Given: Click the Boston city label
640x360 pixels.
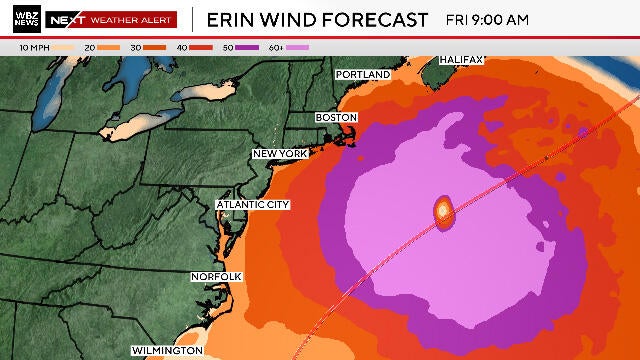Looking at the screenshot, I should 336,117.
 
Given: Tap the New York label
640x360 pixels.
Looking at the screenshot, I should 279,153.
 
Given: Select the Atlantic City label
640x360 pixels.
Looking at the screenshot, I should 253,205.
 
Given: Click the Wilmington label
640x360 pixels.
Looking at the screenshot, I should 167,351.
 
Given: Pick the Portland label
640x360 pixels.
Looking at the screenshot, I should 362,75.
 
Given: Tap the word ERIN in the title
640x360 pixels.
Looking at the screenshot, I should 231,19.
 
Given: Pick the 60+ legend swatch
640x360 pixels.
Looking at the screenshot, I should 297,47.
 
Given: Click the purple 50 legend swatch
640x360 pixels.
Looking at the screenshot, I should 246,47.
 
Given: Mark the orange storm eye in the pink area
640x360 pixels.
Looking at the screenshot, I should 443,211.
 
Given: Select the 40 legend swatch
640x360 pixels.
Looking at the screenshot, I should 201,47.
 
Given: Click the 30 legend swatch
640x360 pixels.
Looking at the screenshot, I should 154,47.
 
